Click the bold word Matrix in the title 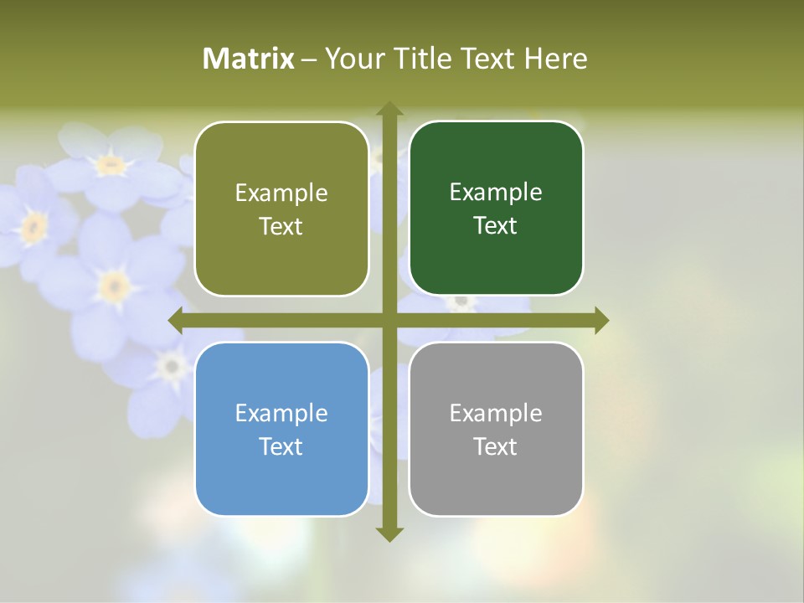[x=249, y=59]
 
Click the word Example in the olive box [x=281, y=193]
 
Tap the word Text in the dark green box [x=495, y=226]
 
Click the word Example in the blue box [x=281, y=414]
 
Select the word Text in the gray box [x=495, y=447]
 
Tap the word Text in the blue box [x=281, y=447]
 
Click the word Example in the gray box [x=496, y=414]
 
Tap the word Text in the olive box [x=281, y=227]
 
